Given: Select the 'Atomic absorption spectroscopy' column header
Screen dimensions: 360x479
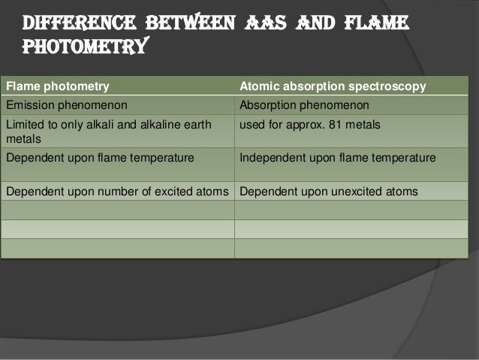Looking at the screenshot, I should [x=332, y=86].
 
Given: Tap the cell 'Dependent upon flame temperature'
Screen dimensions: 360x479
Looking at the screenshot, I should [x=100, y=158].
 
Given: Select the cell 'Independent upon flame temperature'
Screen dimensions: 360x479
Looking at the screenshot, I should [x=337, y=158].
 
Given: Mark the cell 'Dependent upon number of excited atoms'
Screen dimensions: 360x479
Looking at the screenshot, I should [x=116, y=192].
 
